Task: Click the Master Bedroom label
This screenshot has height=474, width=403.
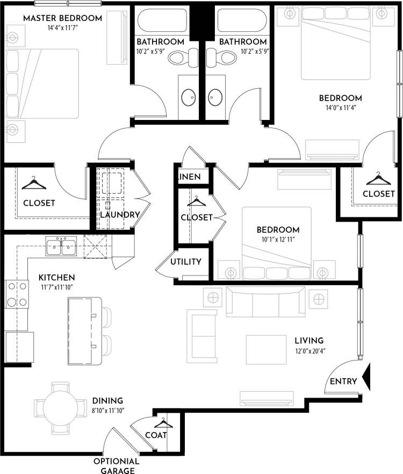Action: [62, 18]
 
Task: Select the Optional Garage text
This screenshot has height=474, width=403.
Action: [117, 466]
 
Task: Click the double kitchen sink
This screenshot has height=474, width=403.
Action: [61, 247]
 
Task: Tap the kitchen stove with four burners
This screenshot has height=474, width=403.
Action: [16, 294]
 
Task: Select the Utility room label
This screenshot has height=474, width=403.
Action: [186, 262]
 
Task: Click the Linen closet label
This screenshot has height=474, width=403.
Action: [189, 177]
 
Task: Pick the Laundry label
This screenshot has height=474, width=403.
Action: [120, 215]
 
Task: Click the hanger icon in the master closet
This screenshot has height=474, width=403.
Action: [33, 183]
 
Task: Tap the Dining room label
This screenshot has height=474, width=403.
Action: [107, 401]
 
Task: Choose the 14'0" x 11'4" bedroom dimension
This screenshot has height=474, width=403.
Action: [340, 108]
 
